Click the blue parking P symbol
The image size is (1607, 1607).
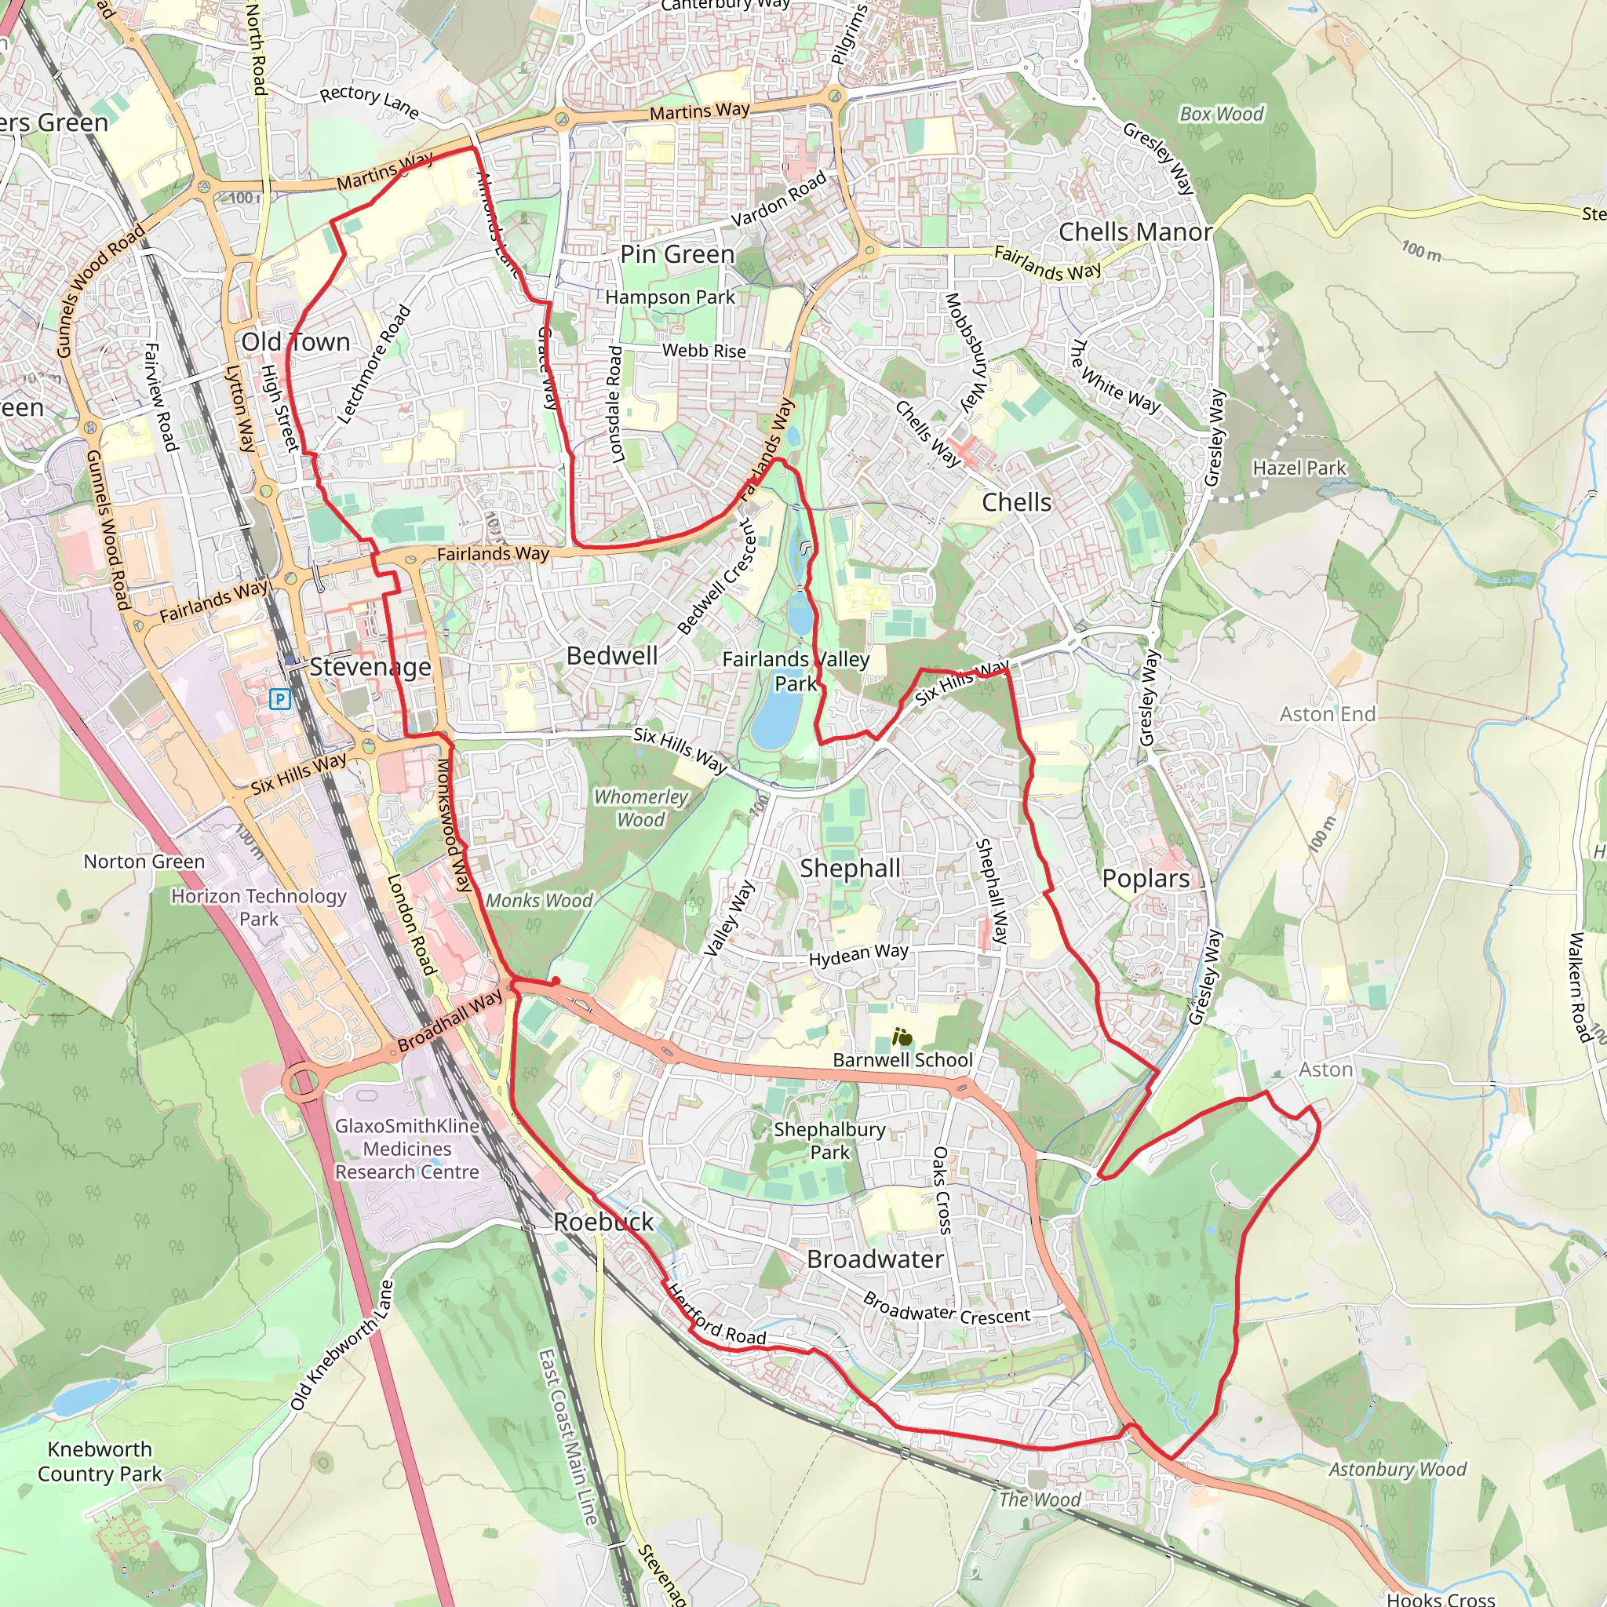pyautogui.click(x=280, y=698)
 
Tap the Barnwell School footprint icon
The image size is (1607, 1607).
pyautogui.click(x=902, y=1037)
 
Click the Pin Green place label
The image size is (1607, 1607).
pyautogui.click(x=677, y=254)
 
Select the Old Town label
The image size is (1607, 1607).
pyautogui.click(x=295, y=342)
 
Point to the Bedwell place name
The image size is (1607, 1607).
pyautogui.click(x=612, y=655)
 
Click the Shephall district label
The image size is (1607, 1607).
pyautogui.click(x=850, y=869)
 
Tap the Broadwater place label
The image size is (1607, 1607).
pyautogui.click(x=875, y=1259)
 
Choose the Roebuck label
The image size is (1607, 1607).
pyautogui.click(x=603, y=1222)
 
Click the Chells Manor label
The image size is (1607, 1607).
pyautogui.click(x=1135, y=232)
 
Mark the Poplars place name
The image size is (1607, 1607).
pyautogui.click(x=1146, y=878)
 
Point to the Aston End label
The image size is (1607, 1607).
pyautogui.click(x=1327, y=715)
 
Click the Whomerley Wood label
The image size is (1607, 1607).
pyautogui.click(x=640, y=808)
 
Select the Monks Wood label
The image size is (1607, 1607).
pyautogui.click(x=539, y=901)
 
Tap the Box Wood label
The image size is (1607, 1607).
pyautogui.click(x=1221, y=114)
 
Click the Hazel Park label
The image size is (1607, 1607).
pyautogui.click(x=1299, y=468)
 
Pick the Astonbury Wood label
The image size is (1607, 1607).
pyautogui.click(x=1397, y=1470)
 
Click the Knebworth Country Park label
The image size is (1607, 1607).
pyautogui.click(x=100, y=1461)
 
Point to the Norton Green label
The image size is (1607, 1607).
pyautogui.click(x=144, y=862)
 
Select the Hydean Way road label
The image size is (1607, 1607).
pyautogui.click(x=858, y=955)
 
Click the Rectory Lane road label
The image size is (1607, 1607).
pyautogui.click(x=370, y=101)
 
